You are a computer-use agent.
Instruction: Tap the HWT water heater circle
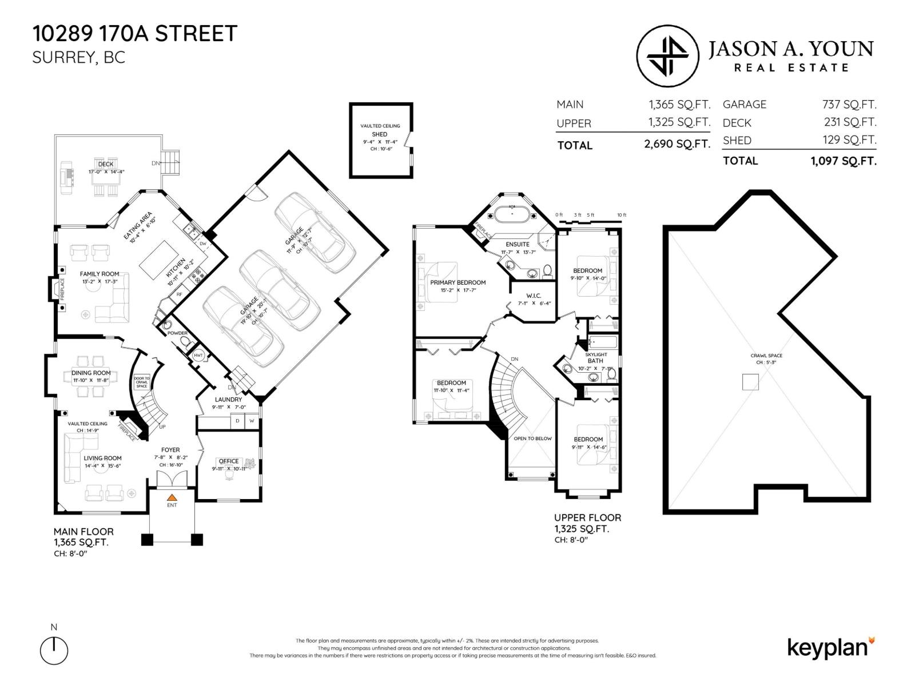(198, 356)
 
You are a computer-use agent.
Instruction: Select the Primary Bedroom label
(457, 282)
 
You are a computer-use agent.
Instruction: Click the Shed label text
(380, 134)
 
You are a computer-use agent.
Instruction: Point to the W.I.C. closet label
(533, 296)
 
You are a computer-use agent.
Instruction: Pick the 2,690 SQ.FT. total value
(677, 144)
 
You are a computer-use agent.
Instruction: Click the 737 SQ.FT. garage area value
(849, 105)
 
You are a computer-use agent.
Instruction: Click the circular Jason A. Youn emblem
(667, 55)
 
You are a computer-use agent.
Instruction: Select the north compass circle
(54, 651)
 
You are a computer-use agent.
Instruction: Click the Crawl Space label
(766, 356)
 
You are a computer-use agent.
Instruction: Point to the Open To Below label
(532, 438)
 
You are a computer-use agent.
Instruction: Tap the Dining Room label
(91, 373)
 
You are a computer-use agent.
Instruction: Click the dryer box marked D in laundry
(237, 421)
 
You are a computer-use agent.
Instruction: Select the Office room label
(228, 461)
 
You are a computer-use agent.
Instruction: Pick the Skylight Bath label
(596, 358)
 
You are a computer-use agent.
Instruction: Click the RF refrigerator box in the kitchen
(179, 294)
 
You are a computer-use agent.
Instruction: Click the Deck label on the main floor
(106, 164)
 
